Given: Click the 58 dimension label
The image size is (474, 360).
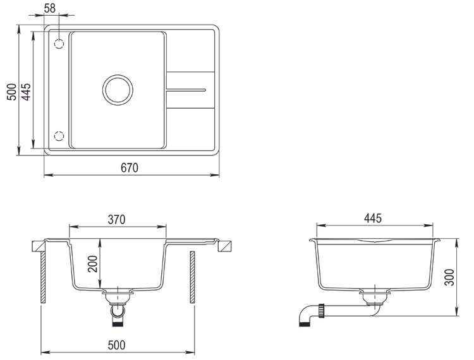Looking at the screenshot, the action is pyautogui.click(x=50, y=8).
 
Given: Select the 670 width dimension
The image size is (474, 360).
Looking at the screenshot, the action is pyautogui.click(x=130, y=168).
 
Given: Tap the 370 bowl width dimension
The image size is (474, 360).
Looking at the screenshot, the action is pyautogui.click(x=117, y=220).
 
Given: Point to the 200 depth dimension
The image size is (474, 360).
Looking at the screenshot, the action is pyautogui.click(x=93, y=264).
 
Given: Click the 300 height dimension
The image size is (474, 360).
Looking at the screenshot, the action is pyautogui.click(x=449, y=277).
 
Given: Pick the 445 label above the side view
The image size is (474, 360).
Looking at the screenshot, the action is pyautogui.click(x=373, y=218).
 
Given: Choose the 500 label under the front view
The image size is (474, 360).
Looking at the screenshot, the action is pyautogui.click(x=117, y=345).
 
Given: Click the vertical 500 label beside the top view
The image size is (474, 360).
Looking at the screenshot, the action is pyautogui.click(x=12, y=92).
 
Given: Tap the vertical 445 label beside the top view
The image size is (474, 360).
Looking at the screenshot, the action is pyautogui.click(x=26, y=92).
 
